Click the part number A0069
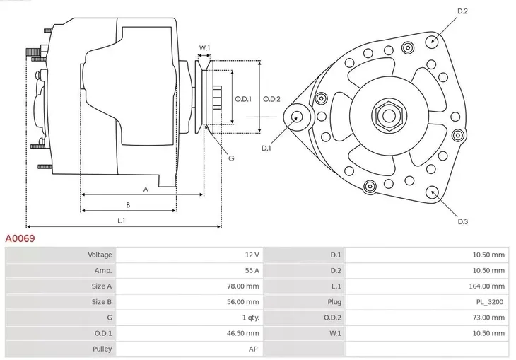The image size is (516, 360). [20, 238]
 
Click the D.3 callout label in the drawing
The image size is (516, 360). [462, 221]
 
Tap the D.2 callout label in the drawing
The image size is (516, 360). [462, 11]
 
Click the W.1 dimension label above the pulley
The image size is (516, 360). [204, 48]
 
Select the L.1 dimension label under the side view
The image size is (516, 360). [122, 221]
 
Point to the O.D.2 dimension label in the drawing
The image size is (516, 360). [272, 99]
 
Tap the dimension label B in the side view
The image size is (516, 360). [127, 205]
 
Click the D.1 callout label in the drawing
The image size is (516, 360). [266, 148]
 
